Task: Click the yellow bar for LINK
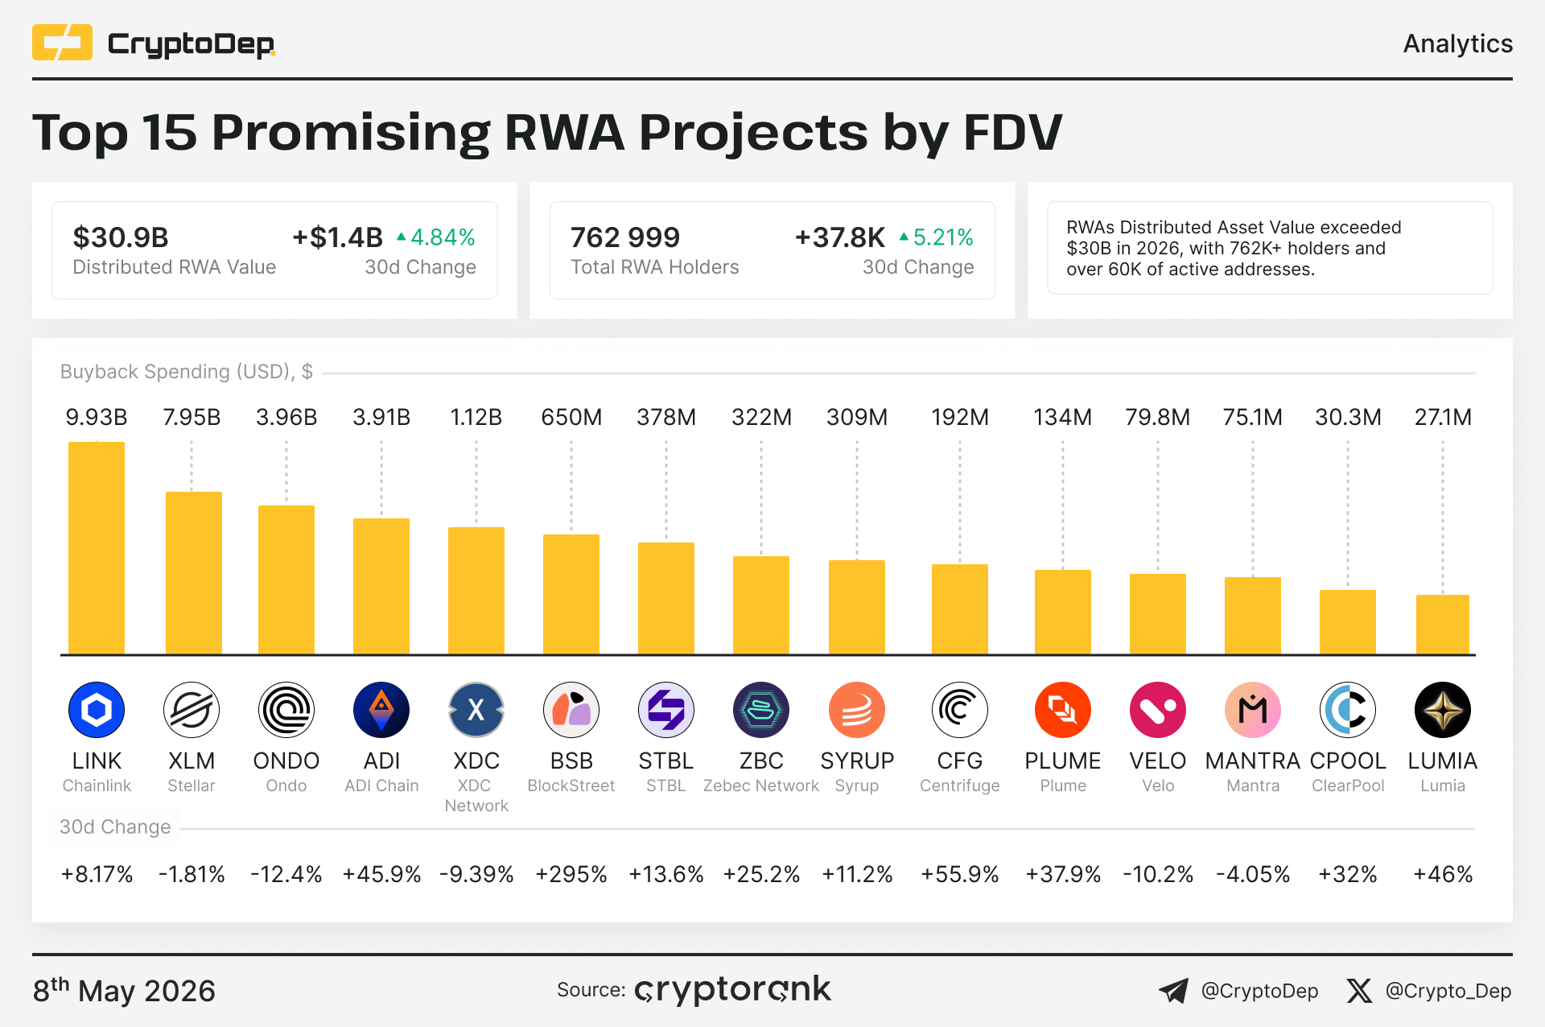click(x=97, y=547)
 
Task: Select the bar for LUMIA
click(x=1443, y=625)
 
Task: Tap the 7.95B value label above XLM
click(x=192, y=417)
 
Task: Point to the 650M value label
click(x=571, y=417)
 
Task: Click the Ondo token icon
click(x=286, y=710)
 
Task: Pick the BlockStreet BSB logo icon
click(x=571, y=710)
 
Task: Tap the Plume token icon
click(x=1063, y=710)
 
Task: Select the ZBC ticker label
click(x=761, y=761)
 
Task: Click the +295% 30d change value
click(x=571, y=874)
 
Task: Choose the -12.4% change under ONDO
click(x=286, y=874)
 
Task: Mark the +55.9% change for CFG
click(x=960, y=874)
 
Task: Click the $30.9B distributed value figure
click(x=121, y=237)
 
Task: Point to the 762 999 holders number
click(x=625, y=237)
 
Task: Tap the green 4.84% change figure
click(x=435, y=237)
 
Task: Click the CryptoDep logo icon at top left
click(x=62, y=43)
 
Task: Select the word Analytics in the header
click(x=1458, y=43)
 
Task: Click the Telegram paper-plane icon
click(x=1174, y=991)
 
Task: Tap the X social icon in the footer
click(x=1359, y=991)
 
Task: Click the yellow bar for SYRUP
click(x=857, y=608)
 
